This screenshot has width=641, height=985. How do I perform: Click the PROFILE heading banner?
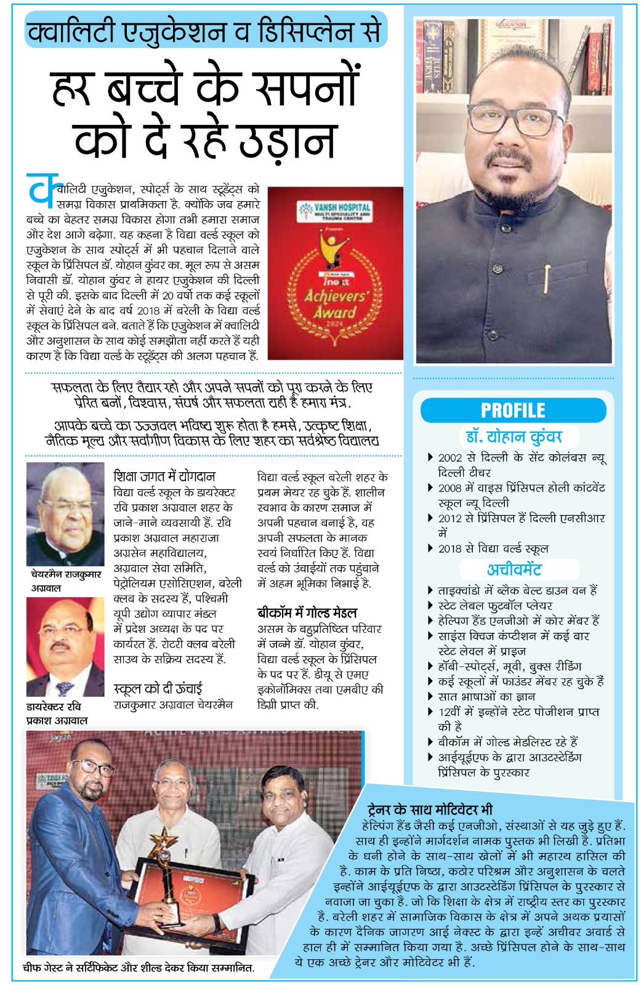click(513, 410)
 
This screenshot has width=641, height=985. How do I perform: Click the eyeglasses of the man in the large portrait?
click(515, 120)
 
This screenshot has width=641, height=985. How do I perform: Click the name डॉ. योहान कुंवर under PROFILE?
click(514, 436)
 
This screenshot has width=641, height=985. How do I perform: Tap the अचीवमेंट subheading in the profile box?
click(514, 569)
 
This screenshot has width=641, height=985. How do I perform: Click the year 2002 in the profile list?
click(450, 458)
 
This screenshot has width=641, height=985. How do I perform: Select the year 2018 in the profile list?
click(450, 549)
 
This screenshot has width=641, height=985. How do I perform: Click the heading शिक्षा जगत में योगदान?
click(164, 476)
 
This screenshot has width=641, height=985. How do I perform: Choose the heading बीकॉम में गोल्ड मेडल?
click(307, 613)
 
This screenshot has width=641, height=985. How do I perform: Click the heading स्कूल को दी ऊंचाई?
click(158, 688)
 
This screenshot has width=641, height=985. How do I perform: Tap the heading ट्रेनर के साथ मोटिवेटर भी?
click(430, 810)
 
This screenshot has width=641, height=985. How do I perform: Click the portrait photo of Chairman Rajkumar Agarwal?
click(65, 515)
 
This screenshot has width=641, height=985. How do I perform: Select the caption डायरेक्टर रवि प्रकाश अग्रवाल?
click(57, 713)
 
